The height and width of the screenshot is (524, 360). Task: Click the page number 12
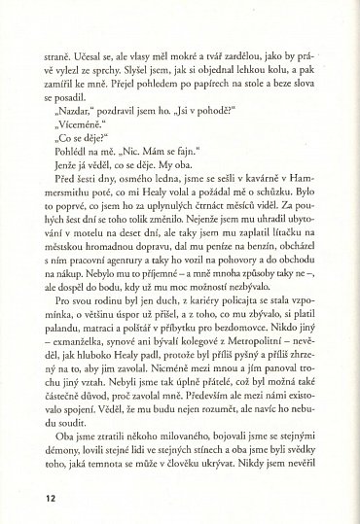coord(50,498)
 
